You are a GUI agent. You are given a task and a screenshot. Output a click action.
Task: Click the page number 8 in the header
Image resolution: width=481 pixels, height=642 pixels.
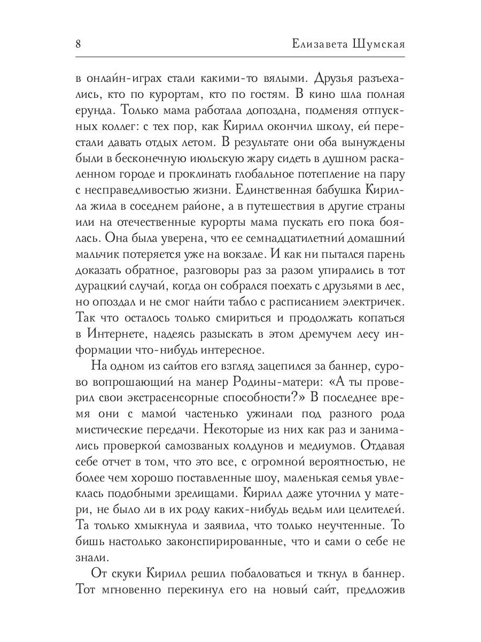(78, 44)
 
